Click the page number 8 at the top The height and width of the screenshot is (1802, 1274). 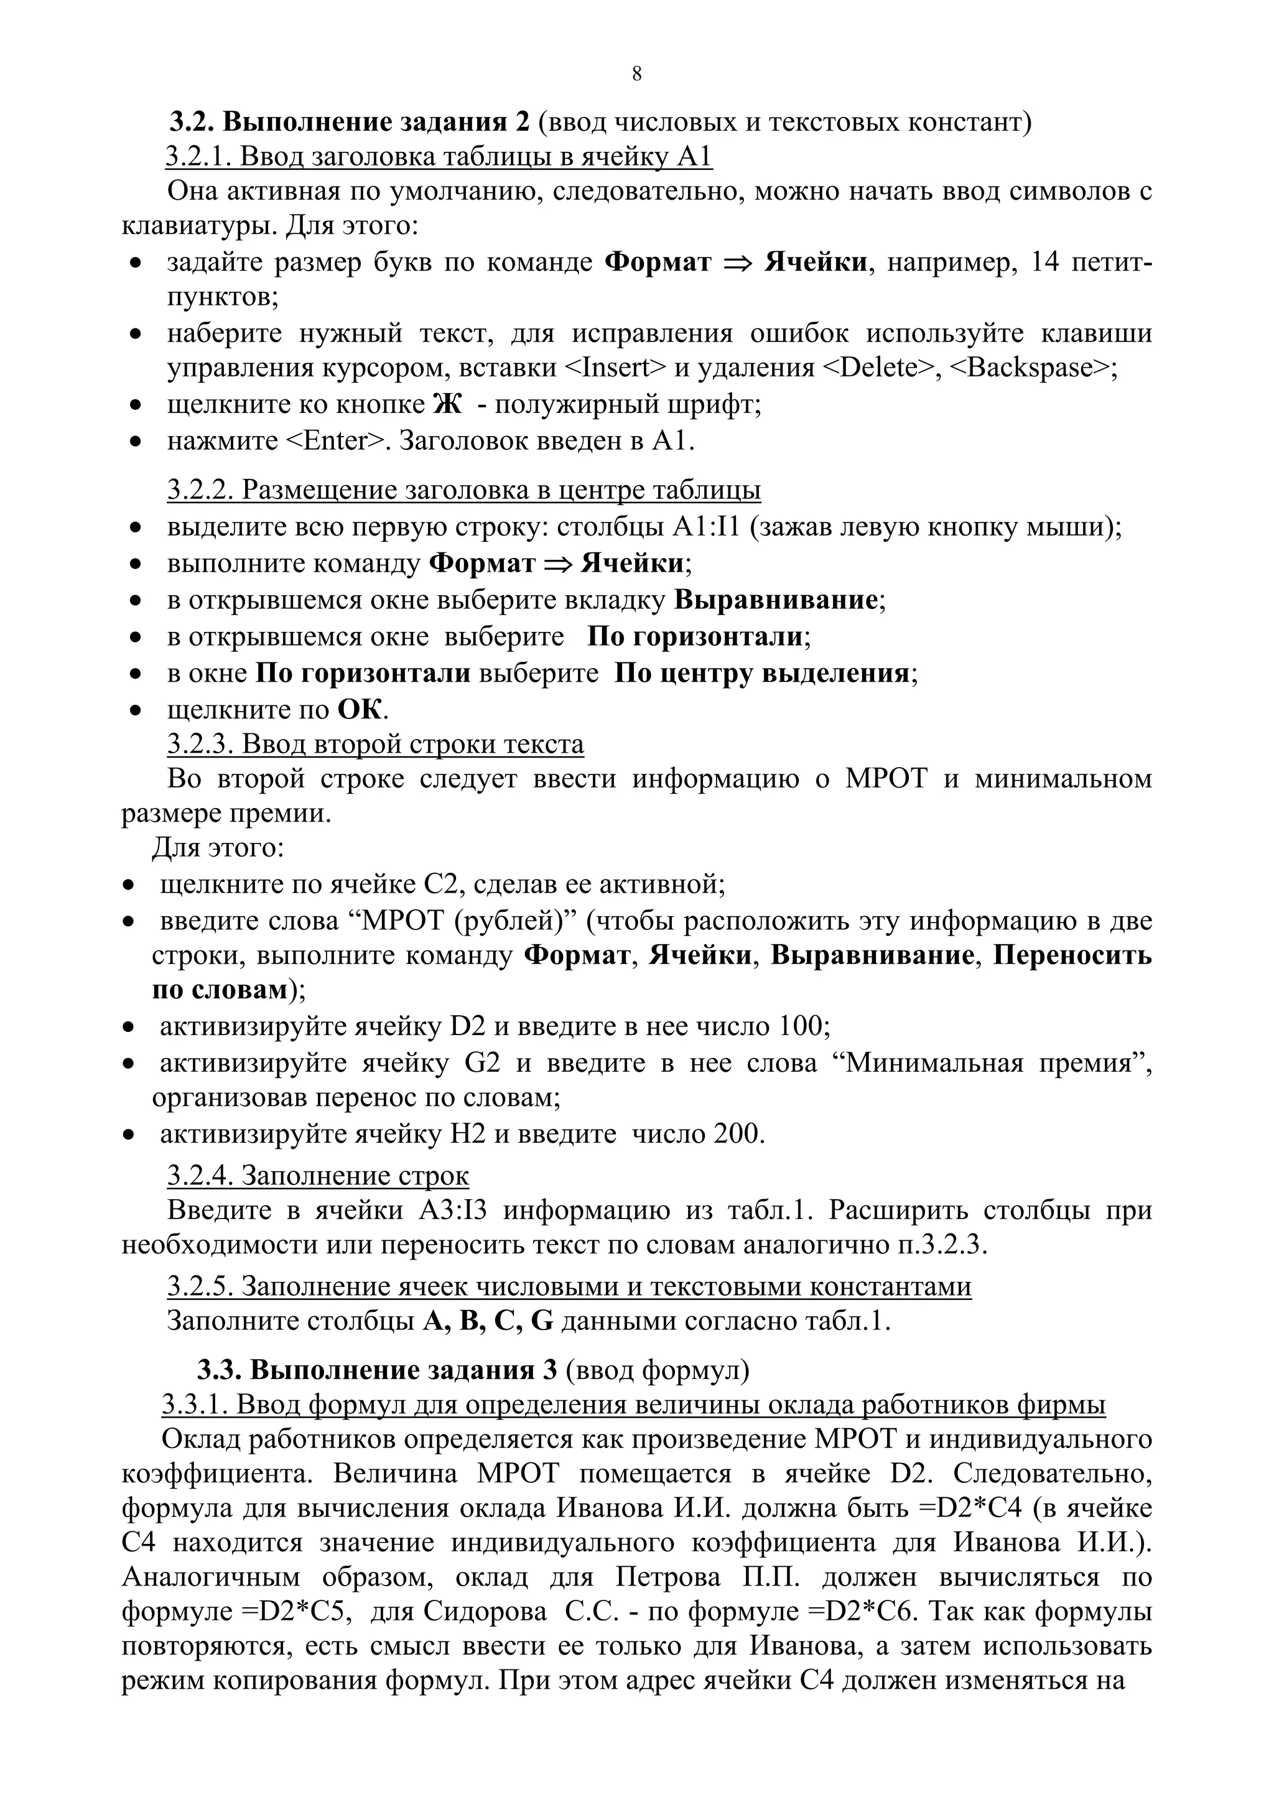click(x=636, y=74)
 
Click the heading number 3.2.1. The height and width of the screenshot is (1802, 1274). click(x=196, y=157)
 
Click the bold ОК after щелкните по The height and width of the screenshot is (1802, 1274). click(x=360, y=710)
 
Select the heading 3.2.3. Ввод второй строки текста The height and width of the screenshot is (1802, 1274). click(x=375, y=743)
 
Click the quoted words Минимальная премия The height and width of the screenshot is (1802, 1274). click(x=994, y=1062)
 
